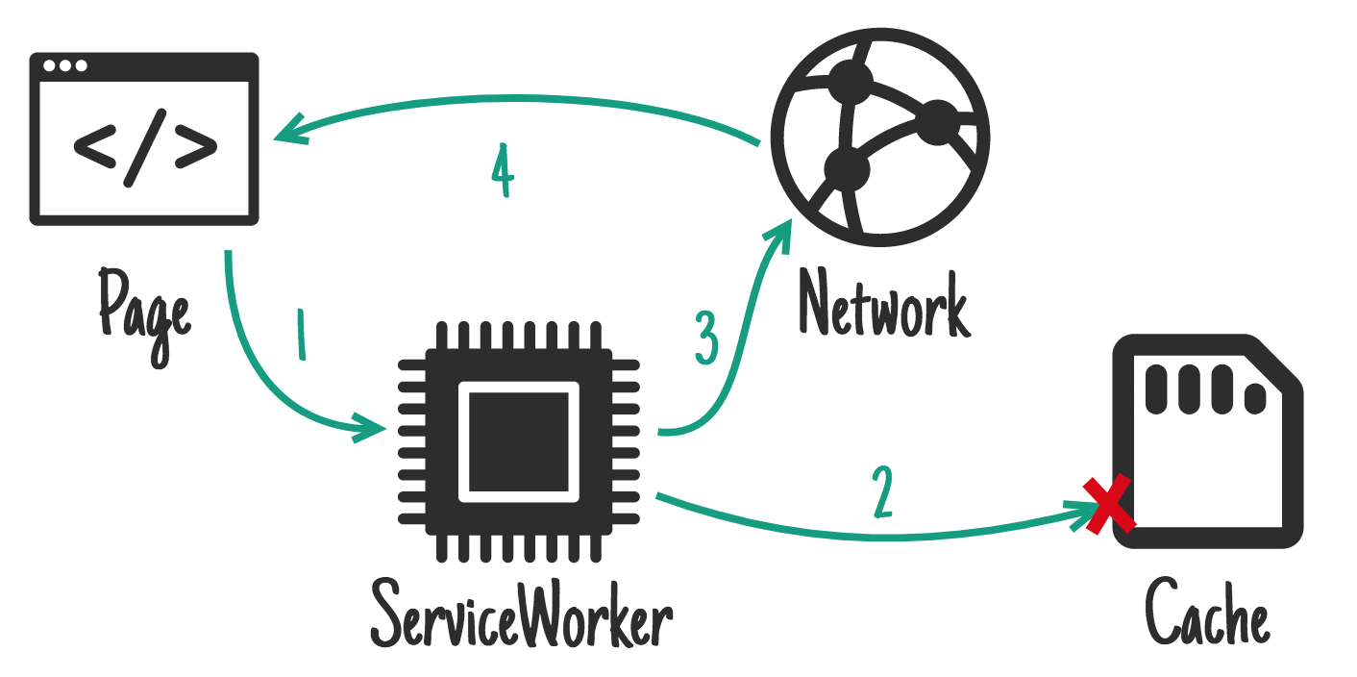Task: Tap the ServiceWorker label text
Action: click(521, 612)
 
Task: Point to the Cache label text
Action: click(1207, 612)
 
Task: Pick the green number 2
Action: click(882, 491)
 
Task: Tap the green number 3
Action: click(706, 339)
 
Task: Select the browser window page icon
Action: click(144, 139)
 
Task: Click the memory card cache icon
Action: click(1207, 442)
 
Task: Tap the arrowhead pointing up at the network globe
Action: click(780, 234)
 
